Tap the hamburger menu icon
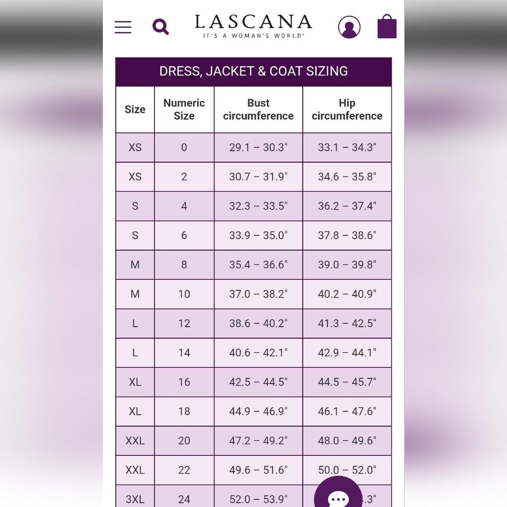(x=123, y=27)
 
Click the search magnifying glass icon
(x=161, y=26)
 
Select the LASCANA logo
(x=253, y=25)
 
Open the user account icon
(x=349, y=27)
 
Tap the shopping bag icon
(x=387, y=26)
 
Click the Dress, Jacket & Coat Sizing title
(x=253, y=71)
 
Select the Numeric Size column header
(x=184, y=109)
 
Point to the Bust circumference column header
(x=258, y=109)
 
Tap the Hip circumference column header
(x=347, y=109)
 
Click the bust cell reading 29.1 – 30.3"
(x=258, y=148)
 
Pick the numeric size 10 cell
(x=184, y=294)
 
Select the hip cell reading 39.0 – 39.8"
(x=347, y=265)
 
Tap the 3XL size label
(x=135, y=499)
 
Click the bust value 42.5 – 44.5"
(x=258, y=382)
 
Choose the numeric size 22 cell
(x=184, y=470)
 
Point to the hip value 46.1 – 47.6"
(x=347, y=411)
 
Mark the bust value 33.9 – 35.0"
(x=258, y=235)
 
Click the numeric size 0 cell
(x=184, y=148)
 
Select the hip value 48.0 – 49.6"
(x=347, y=441)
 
